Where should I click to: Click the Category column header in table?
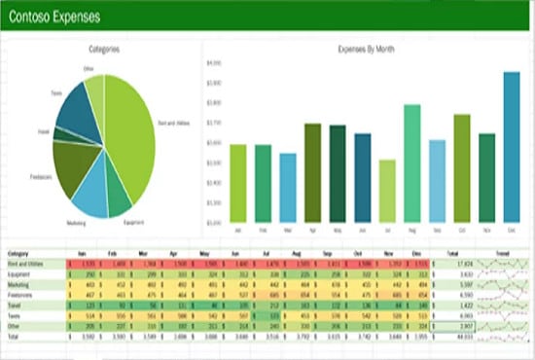pos(18,253)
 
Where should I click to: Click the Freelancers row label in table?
pos(21,293)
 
